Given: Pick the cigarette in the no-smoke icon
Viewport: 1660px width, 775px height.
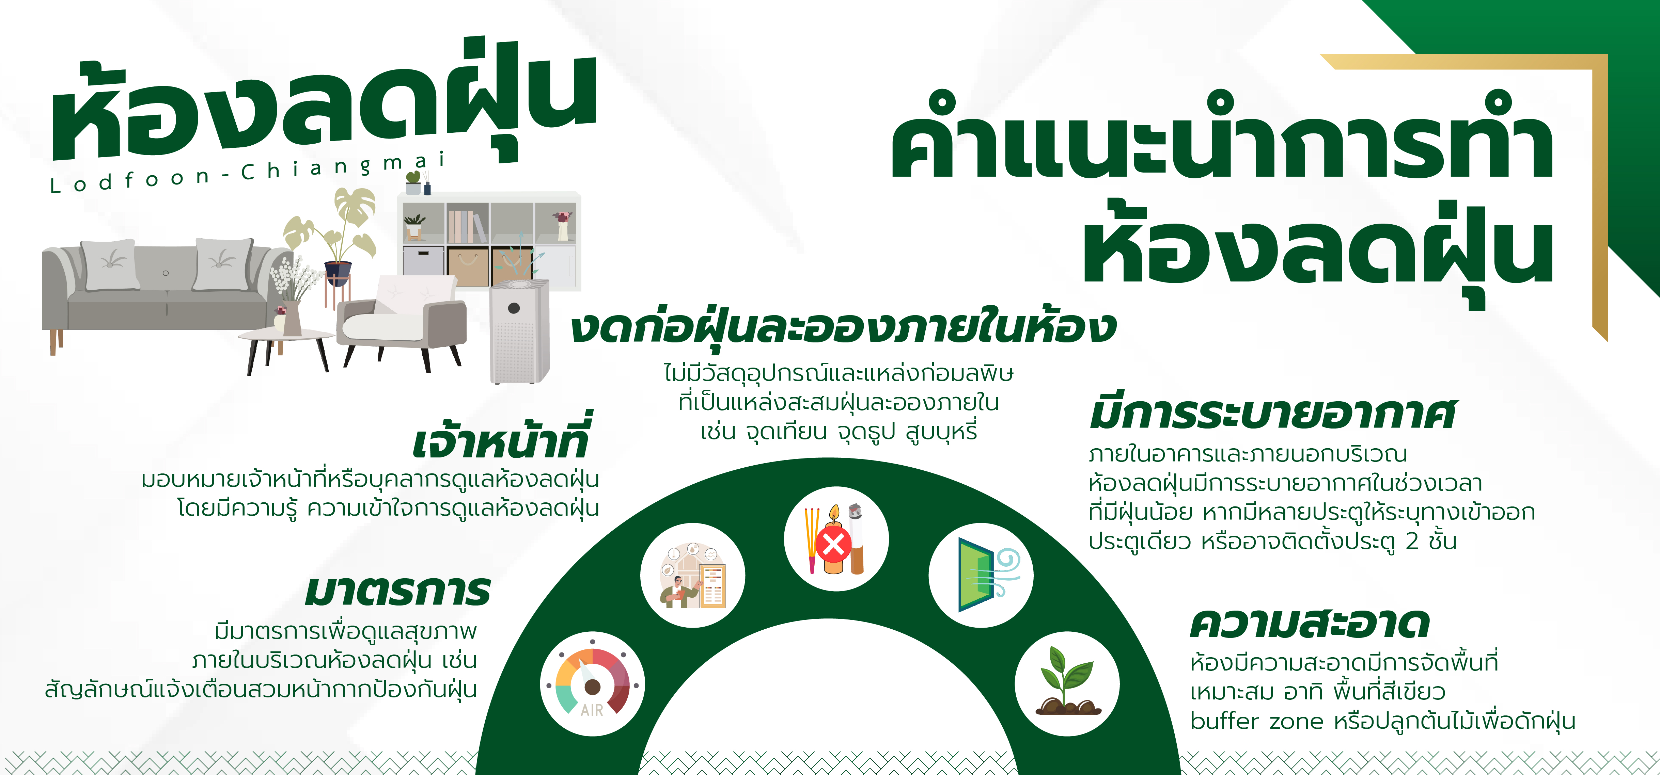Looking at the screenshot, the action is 856,538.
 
